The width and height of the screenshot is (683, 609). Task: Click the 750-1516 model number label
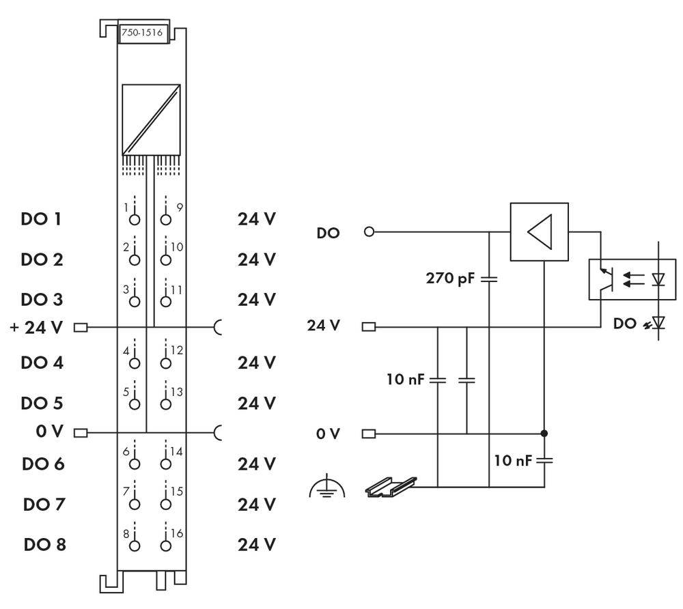143,34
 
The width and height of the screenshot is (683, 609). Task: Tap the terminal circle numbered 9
165,220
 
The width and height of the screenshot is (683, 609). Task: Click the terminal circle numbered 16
165,545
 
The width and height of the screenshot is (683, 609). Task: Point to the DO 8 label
44,545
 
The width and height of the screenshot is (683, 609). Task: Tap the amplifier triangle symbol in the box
540,231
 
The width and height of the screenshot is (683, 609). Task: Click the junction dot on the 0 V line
544,434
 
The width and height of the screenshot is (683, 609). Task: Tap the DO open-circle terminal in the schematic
370,232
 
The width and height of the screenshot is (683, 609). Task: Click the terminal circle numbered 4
135,363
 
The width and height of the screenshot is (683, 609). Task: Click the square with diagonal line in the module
151,119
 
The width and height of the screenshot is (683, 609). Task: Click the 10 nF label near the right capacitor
512,460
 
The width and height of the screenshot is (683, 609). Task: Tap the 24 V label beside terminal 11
257,300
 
